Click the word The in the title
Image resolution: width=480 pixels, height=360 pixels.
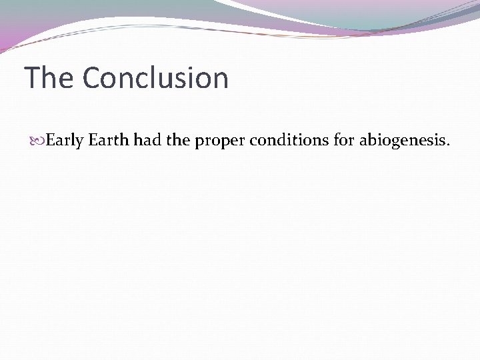point(49,78)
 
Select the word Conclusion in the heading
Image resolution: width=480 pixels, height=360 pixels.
point(155,78)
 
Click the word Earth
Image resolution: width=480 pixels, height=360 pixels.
point(109,141)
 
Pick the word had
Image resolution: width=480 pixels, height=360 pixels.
point(147,141)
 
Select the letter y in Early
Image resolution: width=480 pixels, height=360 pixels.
point(79,143)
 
